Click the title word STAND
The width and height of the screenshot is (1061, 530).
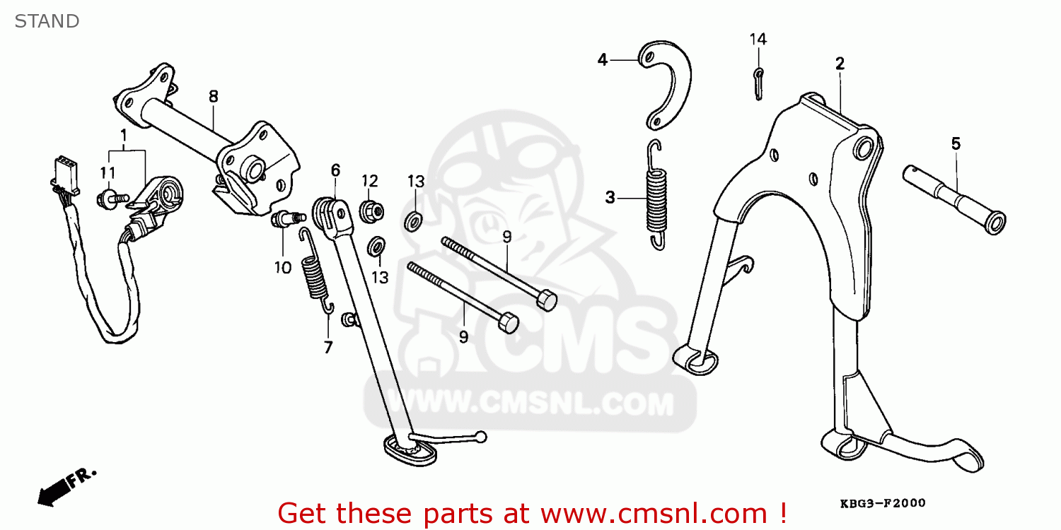[x=47, y=21]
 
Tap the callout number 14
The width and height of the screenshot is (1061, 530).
[x=758, y=39]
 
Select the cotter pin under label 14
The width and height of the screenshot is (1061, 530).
[x=758, y=84]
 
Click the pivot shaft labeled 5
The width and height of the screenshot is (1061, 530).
[x=954, y=199]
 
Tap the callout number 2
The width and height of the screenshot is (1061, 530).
[x=840, y=64]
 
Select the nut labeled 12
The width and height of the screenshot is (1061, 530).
[x=371, y=211]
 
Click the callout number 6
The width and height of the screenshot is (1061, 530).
[x=335, y=170]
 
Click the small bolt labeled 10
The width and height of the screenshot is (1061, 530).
[x=288, y=219]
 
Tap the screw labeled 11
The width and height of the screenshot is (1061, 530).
[x=112, y=199]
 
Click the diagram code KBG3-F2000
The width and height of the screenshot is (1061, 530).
[x=883, y=503]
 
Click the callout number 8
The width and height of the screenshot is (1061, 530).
[x=214, y=97]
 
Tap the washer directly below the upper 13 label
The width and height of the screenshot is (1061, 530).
[x=414, y=221]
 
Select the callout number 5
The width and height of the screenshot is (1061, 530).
[x=956, y=143]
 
